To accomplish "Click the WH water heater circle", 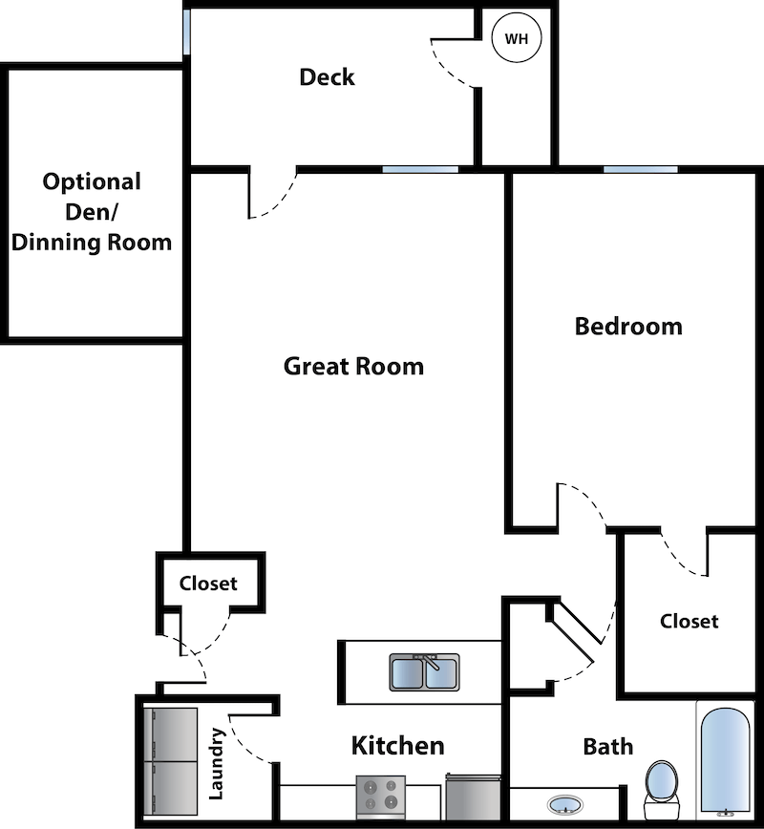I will pos(516,39).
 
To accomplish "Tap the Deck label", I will pos(327,77).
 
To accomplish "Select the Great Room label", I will pos(353,366).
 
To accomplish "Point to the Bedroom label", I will pos(628,327).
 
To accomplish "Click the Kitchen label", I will pos(397,746).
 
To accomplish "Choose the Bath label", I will pos(607,746).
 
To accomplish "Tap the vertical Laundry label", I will pos(216,764).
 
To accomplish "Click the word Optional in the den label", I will pos(92,181).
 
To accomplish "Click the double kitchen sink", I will pos(424,671).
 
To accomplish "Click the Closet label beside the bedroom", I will pos(689,621).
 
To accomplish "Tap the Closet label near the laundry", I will pos(208,583).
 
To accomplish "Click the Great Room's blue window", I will pos(420,170).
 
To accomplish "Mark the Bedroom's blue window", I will pos(640,170).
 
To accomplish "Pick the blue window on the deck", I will pos(186,32).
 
